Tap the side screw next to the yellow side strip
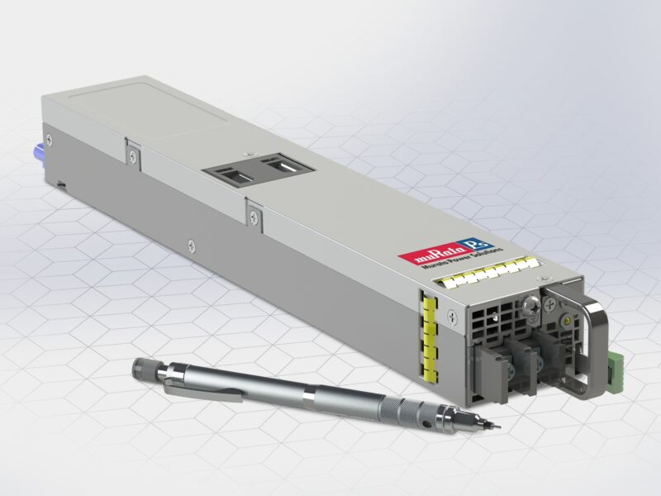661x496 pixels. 450,314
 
